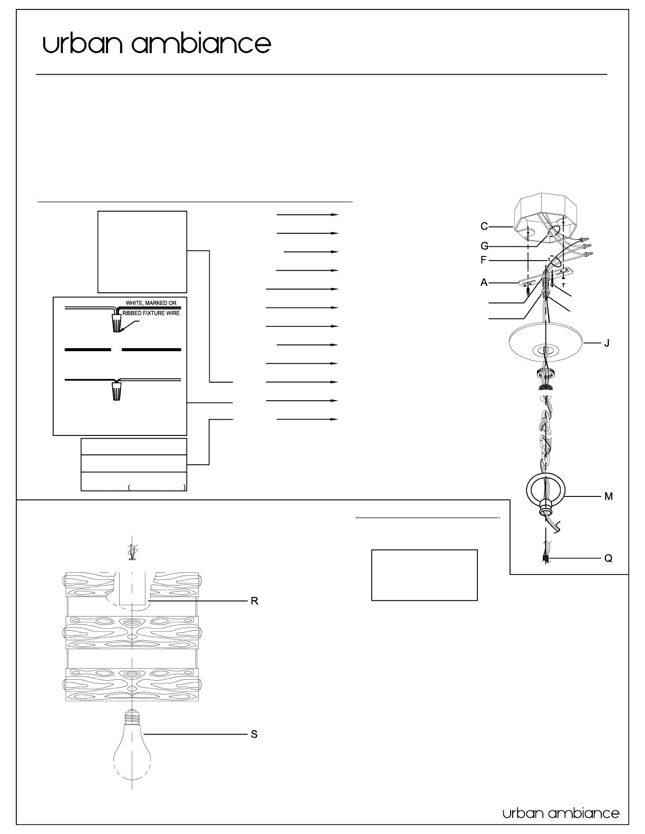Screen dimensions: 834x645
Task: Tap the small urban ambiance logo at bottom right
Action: tap(561, 813)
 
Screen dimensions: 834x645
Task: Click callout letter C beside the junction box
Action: tap(484, 226)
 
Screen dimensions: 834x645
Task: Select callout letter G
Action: tap(484, 245)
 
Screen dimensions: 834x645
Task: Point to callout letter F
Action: tap(484, 260)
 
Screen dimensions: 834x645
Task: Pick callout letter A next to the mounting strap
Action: tap(484, 282)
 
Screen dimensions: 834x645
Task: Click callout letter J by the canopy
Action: tap(607, 343)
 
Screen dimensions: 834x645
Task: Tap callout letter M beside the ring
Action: tap(608, 496)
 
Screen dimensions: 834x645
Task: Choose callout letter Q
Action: tap(608, 558)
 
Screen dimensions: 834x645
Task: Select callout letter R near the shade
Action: tap(254, 601)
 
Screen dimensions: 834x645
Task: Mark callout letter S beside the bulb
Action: tap(254, 734)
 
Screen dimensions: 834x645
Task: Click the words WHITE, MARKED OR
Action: tap(151, 303)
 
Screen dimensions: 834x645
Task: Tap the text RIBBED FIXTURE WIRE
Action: tap(151, 313)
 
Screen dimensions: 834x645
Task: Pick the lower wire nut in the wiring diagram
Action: tap(117, 391)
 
